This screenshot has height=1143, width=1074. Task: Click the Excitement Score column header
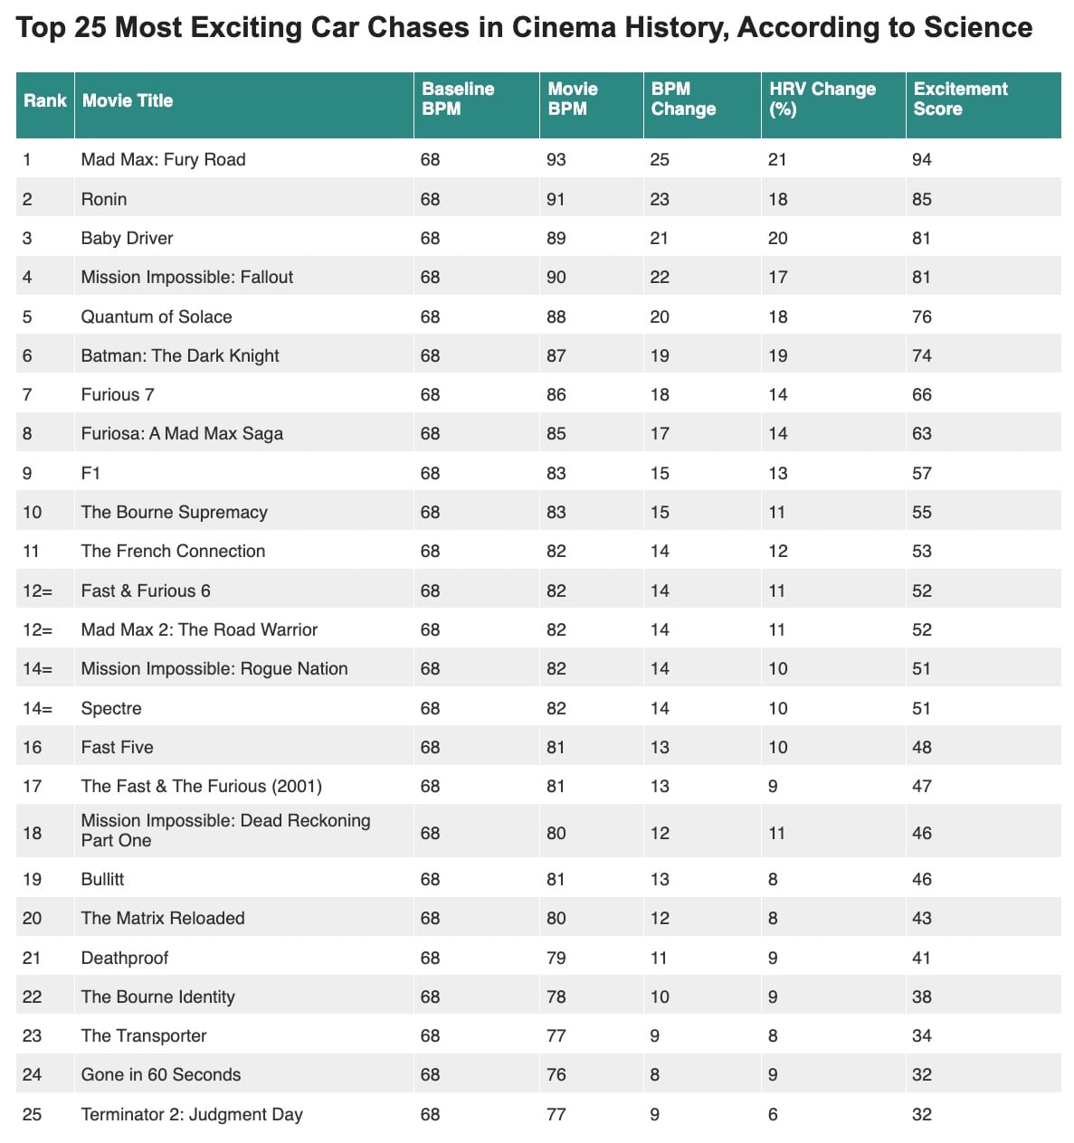click(x=960, y=99)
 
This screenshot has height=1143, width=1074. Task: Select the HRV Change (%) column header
click(x=822, y=99)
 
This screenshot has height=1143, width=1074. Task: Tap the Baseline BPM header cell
click(x=458, y=99)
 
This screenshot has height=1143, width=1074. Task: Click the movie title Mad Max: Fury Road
click(x=163, y=160)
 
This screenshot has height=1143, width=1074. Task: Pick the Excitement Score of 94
click(x=922, y=160)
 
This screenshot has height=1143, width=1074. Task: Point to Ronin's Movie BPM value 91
click(x=556, y=199)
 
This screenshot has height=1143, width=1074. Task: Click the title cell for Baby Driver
click(x=127, y=238)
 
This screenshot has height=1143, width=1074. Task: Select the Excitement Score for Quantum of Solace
click(x=922, y=316)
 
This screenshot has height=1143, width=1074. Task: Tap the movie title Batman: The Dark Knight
click(x=180, y=355)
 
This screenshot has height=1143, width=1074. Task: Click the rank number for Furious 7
click(x=27, y=394)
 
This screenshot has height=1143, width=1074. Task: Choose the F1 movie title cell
click(x=90, y=473)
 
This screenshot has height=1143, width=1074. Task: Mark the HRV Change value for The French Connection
click(x=777, y=551)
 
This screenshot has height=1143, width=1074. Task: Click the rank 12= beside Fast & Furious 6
click(x=37, y=590)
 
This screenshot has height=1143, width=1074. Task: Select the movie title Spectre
click(x=111, y=708)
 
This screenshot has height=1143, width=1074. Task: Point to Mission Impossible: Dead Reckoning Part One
click(x=225, y=830)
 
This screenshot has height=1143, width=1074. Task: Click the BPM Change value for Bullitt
click(x=660, y=879)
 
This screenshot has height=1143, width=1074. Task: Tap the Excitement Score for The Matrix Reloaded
click(x=922, y=918)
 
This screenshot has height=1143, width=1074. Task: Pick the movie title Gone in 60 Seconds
click(x=161, y=1074)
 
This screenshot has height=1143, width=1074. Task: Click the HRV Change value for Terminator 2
click(x=773, y=1114)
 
